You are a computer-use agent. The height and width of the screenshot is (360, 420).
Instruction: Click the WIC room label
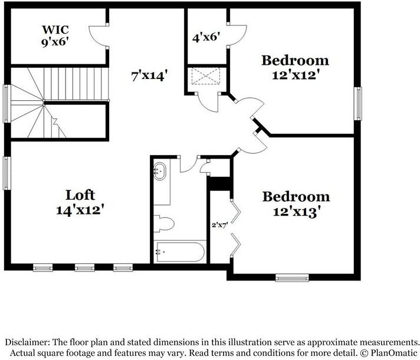(55, 29)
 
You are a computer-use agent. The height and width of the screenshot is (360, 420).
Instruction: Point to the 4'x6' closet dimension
(206, 37)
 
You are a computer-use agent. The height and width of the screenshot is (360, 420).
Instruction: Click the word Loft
(80, 195)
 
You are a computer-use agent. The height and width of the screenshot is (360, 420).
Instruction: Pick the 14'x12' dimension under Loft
(80, 209)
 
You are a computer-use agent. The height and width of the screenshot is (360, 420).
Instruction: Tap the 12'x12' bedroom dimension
(296, 75)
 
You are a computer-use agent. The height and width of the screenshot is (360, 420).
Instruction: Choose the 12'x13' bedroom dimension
(297, 212)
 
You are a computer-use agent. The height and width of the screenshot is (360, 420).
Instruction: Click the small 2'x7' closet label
(219, 225)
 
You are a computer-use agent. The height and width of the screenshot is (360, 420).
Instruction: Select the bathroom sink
(160, 171)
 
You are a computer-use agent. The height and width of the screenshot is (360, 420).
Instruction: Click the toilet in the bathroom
(163, 223)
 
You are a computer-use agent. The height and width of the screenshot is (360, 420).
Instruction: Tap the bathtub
(181, 252)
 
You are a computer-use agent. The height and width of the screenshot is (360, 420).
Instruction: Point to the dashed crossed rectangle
(206, 76)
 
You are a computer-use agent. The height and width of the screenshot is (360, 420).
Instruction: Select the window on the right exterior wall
(358, 104)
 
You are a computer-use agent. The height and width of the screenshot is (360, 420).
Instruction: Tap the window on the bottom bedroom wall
(292, 278)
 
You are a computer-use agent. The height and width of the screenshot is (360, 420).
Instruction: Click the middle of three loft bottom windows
(84, 267)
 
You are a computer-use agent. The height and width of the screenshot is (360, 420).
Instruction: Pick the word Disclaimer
(27, 342)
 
